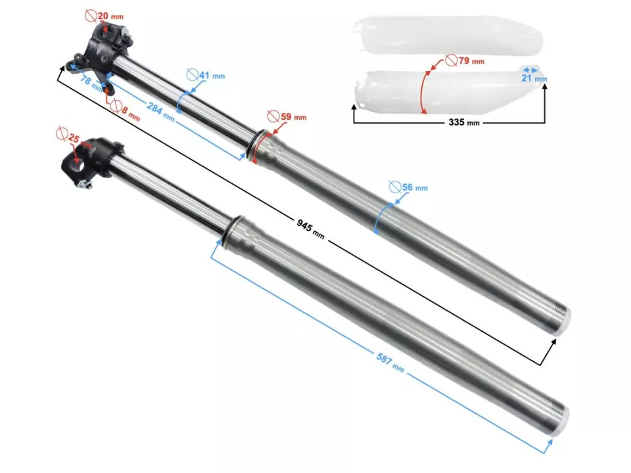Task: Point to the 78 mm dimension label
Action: coord(91,82)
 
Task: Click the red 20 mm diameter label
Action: coord(105,16)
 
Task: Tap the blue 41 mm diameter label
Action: coord(206,75)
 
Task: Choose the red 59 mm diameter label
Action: coord(287,117)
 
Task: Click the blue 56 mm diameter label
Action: coord(408,187)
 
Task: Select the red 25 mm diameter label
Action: coord(74,137)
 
